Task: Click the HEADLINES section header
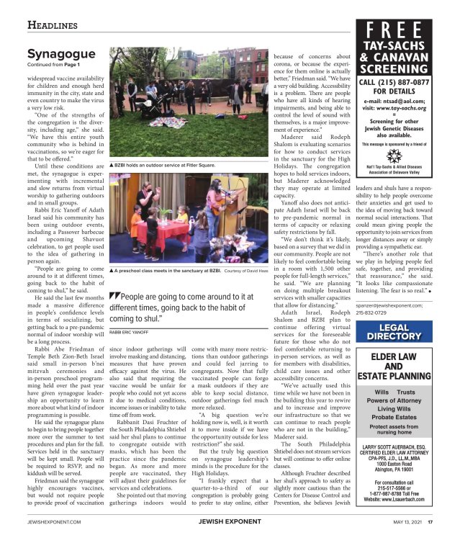[53, 25]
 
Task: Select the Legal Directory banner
[394, 332]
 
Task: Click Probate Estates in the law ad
[394, 416]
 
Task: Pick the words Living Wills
[394, 408]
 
